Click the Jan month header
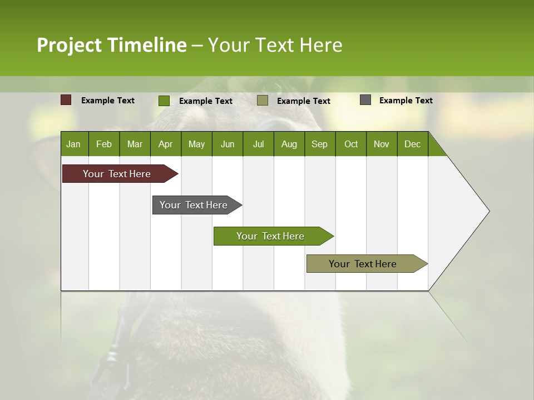click(x=74, y=144)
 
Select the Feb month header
click(x=104, y=144)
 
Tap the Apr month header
click(x=165, y=144)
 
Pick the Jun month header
click(x=228, y=144)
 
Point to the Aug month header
click(x=289, y=144)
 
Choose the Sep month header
click(x=319, y=144)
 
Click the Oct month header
click(x=351, y=144)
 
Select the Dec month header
click(x=412, y=144)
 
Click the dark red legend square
click(x=66, y=100)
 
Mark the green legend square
click(x=164, y=101)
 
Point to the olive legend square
click(x=263, y=100)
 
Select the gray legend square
click(x=365, y=100)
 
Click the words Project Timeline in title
click(x=111, y=45)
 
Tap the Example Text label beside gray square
click(x=406, y=101)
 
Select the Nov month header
click(x=382, y=144)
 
